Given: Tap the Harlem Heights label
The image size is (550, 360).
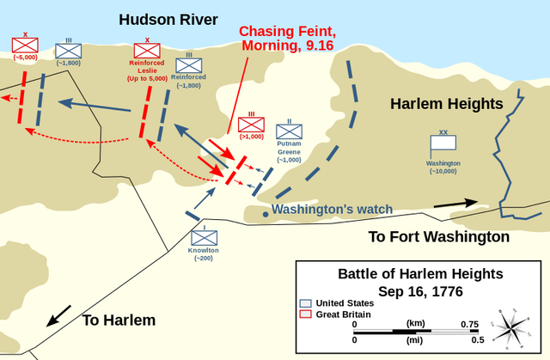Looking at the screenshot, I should [446, 104].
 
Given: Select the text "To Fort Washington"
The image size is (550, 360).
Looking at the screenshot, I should [438, 236].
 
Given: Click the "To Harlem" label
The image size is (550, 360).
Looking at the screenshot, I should [119, 320].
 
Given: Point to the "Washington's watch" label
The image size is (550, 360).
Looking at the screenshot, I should [333, 209].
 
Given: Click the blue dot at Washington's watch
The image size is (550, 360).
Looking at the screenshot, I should [266, 214].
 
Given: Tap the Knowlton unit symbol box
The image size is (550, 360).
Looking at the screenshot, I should [204, 237].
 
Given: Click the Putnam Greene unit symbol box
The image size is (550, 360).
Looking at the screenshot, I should [289, 131].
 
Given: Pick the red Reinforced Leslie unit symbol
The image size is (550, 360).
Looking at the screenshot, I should [147, 51].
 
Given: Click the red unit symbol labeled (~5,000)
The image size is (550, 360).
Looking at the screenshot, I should [24, 45].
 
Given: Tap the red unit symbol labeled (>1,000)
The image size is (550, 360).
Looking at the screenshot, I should [251, 125].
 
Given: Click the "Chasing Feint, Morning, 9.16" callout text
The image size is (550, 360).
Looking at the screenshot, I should [287, 38].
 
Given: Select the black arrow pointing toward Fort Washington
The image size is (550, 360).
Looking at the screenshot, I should [455, 204].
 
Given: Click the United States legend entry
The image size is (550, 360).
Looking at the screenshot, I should [341, 303].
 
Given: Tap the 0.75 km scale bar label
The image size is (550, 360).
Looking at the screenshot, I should [469, 324].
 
